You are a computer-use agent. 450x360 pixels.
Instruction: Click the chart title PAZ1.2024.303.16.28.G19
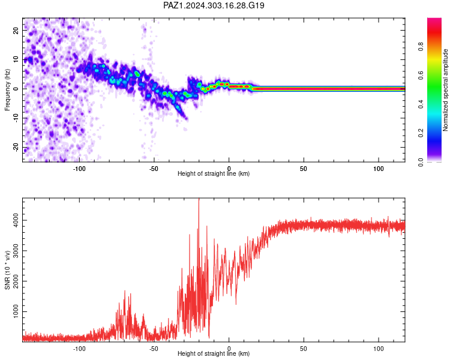(x=214, y=5)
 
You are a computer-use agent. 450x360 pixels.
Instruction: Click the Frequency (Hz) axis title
(x=7, y=90)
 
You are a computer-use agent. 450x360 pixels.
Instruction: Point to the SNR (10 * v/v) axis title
(x=7, y=270)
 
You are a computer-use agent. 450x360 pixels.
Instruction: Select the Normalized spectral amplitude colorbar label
(x=445, y=90)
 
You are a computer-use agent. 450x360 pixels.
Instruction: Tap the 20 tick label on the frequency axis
(x=16, y=30)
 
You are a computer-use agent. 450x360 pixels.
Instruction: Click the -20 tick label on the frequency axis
(x=16, y=148)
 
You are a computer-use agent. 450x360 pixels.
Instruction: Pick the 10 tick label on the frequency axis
(x=16, y=59)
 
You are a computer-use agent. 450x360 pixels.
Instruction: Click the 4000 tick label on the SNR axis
(x=16, y=220)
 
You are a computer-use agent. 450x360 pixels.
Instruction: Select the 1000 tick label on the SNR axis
(x=16, y=311)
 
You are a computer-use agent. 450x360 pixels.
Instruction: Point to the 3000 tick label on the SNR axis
(x=16, y=251)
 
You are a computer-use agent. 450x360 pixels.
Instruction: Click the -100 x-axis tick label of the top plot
(x=79, y=169)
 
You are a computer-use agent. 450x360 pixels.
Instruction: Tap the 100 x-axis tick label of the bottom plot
(x=379, y=349)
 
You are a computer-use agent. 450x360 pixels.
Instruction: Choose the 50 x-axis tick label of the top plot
(x=304, y=169)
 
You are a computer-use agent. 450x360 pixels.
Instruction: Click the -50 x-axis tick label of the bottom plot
(x=154, y=349)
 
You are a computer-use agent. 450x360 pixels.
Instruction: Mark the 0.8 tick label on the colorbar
(x=421, y=46)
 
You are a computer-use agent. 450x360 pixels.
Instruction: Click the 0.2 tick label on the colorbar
(x=421, y=133)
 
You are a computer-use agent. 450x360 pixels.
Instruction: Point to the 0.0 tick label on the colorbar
(x=421, y=162)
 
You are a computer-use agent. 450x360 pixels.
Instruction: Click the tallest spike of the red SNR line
(x=199, y=199)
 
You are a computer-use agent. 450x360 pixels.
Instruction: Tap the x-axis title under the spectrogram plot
(x=214, y=173)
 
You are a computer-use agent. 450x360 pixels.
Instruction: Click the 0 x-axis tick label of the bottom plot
(x=229, y=349)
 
